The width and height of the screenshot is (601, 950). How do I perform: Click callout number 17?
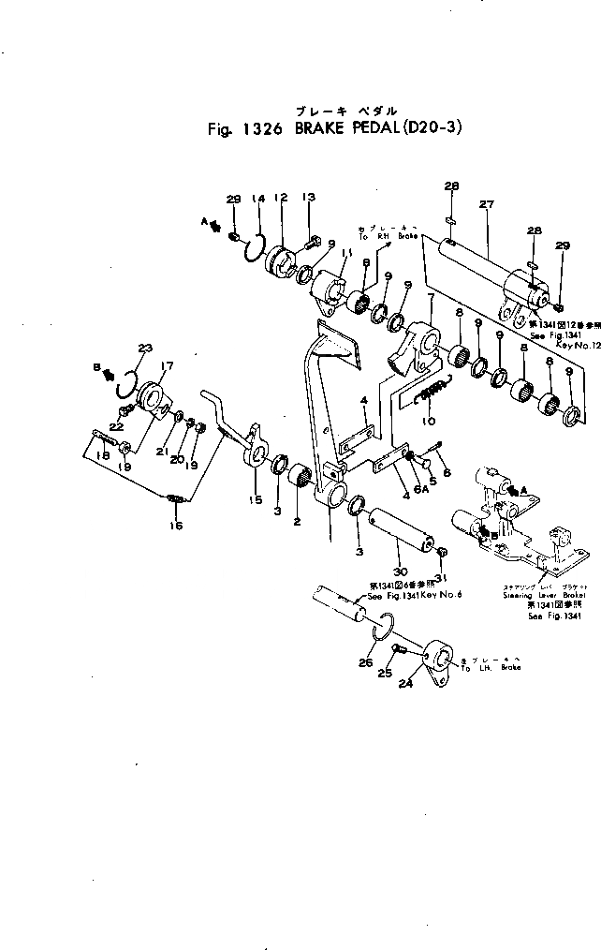(x=168, y=367)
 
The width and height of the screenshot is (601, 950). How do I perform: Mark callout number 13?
(x=308, y=198)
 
